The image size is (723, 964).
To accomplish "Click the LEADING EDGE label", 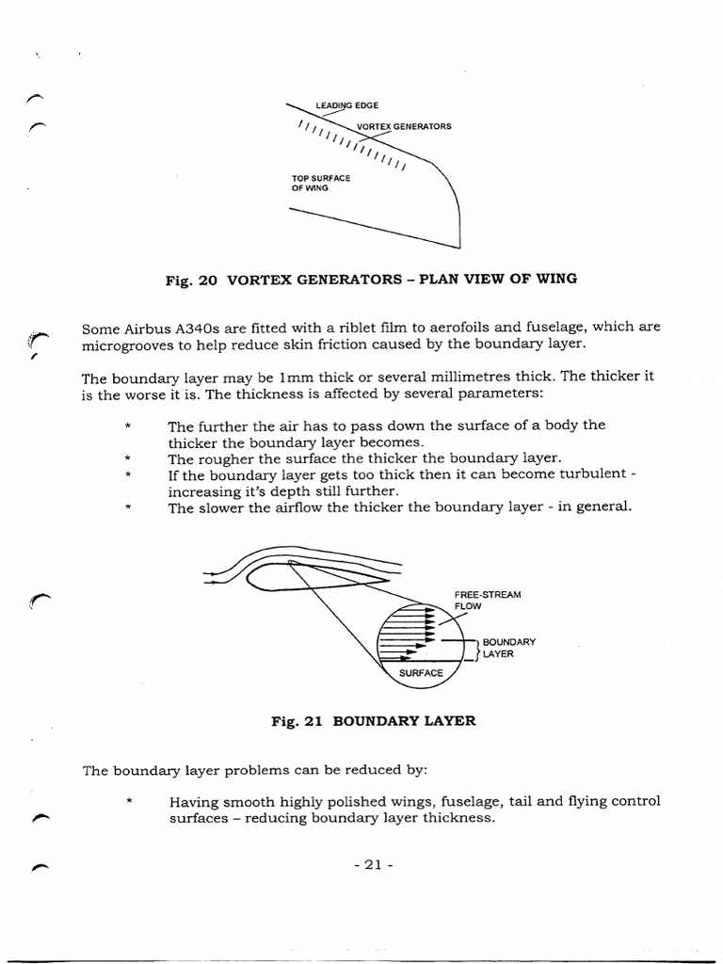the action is [346, 105].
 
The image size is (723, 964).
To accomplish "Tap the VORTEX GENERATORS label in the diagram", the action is [404, 126].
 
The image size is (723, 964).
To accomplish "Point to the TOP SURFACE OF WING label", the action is [322, 183].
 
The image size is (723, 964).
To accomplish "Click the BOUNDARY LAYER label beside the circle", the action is [508, 648].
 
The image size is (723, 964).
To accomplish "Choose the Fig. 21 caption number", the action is [297, 721].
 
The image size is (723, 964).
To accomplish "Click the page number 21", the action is [372, 865].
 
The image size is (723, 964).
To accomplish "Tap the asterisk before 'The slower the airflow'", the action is [126, 508].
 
